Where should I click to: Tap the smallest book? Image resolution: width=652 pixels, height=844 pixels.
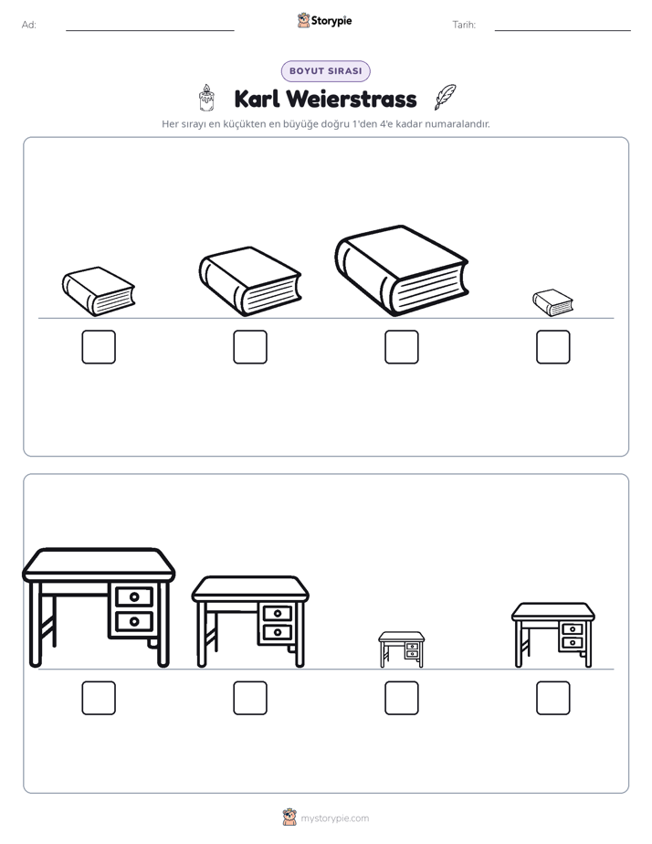pyautogui.click(x=553, y=303)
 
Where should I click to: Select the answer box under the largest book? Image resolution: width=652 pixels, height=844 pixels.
pyautogui.click(x=401, y=347)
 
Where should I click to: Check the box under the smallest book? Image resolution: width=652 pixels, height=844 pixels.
pyautogui.click(x=553, y=347)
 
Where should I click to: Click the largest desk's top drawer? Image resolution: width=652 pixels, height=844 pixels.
pyautogui.click(x=134, y=596)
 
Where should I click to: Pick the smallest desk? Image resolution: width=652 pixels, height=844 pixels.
pyautogui.click(x=401, y=649)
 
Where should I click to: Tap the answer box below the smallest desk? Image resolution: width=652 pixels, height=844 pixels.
pyautogui.click(x=401, y=698)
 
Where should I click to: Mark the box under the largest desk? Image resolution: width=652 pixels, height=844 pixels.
pyautogui.click(x=99, y=698)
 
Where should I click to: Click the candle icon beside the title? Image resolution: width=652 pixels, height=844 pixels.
pyautogui.click(x=206, y=98)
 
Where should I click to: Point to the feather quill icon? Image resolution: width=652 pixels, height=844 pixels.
pyautogui.click(x=445, y=97)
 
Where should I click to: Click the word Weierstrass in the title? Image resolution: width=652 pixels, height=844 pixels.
pyautogui.click(x=352, y=99)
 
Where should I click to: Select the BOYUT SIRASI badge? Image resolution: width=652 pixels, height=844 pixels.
pyautogui.click(x=325, y=71)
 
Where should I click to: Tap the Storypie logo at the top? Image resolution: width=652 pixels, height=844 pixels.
pyautogui.click(x=324, y=20)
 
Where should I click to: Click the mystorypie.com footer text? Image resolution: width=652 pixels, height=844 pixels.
pyautogui.click(x=334, y=818)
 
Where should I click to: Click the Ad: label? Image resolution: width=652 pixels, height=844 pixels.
pyautogui.click(x=29, y=25)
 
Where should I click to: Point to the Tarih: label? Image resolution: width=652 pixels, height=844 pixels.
pyautogui.click(x=464, y=25)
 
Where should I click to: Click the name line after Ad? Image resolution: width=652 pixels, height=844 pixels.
pyautogui.click(x=150, y=31)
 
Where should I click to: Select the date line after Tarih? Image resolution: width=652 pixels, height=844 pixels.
pyautogui.click(x=563, y=31)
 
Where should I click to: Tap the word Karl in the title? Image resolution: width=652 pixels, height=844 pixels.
pyautogui.click(x=258, y=99)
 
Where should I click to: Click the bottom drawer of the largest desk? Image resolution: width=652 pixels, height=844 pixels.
pyautogui.click(x=134, y=622)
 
